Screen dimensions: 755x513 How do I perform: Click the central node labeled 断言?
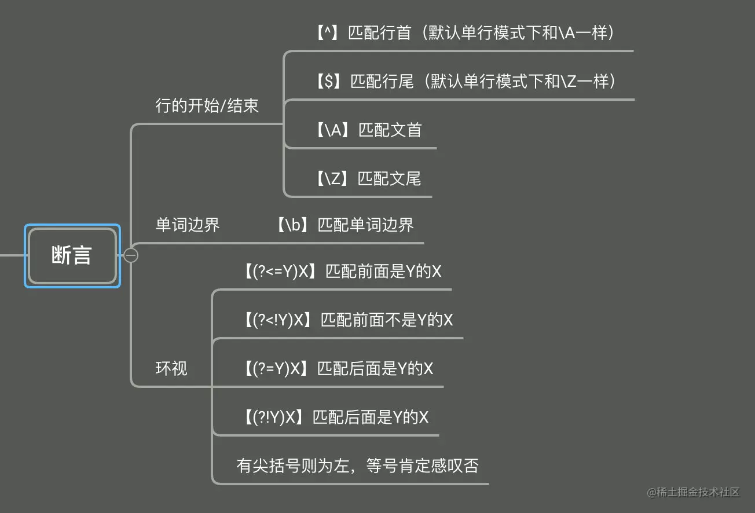[72, 255]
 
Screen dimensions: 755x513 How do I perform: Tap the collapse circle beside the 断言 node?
[131, 255]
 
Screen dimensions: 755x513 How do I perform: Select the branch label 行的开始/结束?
[207, 105]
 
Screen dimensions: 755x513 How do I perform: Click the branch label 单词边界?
[188, 225]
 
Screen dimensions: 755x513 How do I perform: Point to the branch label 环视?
[171, 368]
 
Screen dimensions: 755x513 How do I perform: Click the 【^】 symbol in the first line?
[327, 33]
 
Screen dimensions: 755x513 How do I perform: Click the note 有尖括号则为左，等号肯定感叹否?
[357, 466]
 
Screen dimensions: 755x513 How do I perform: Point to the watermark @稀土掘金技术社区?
[694, 492]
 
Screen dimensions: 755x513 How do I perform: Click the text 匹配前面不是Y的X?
[387, 320]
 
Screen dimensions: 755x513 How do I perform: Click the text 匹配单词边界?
[366, 225]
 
